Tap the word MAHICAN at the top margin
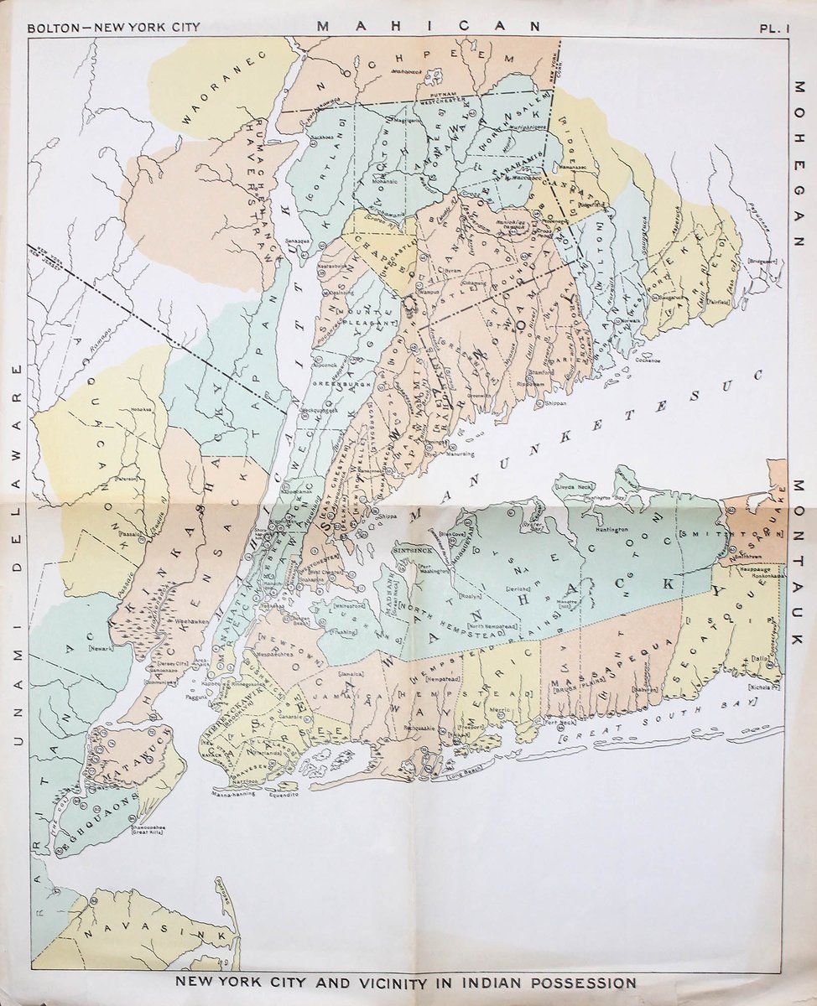[x=429, y=26]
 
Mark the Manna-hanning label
[x=233, y=792]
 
